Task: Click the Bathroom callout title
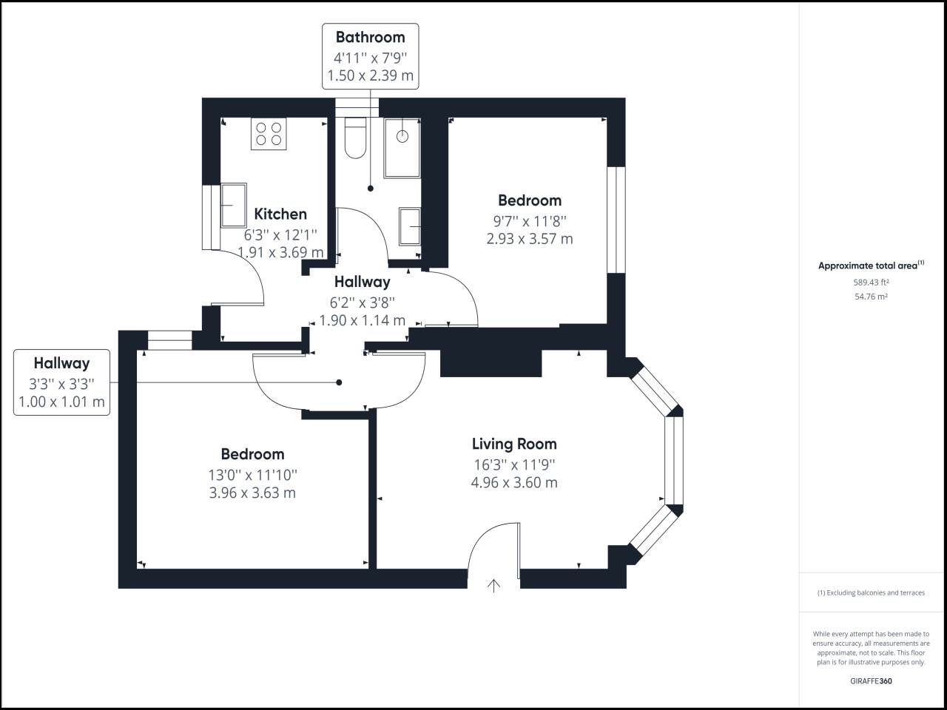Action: pyautogui.click(x=370, y=38)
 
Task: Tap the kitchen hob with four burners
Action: pyautogui.click(x=269, y=134)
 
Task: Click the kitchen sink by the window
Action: pyautogui.click(x=234, y=205)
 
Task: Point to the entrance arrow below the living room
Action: pyautogui.click(x=493, y=586)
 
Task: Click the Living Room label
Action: pyautogui.click(x=514, y=444)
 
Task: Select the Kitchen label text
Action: pyautogui.click(x=280, y=214)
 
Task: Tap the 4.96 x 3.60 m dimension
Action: pyautogui.click(x=514, y=482)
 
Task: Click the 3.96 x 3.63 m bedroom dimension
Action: pyautogui.click(x=252, y=493)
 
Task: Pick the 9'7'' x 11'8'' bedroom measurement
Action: pyautogui.click(x=530, y=222)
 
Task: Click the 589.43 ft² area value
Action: pyautogui.click(x=871, y=283)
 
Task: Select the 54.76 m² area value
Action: pyautogui.click(x=871, y=297)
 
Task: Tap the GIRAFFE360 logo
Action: pyautogui.click(x=871, y=681)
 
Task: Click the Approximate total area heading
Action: pyautogui.click(x=871, y=265)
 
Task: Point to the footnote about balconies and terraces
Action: pyautogui.click(x=871, y=592)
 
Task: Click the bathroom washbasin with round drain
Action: pyautogui.click(x=402, y=148)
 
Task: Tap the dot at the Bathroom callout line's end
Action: pyautogui.click(x=370, y=189)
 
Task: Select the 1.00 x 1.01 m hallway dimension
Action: pyautogui.click(x=61, y=402)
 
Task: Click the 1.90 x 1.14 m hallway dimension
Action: pyautogui.click(x=362, y=320)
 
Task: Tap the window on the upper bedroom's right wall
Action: pyautogui.click(x=616, y=220)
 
